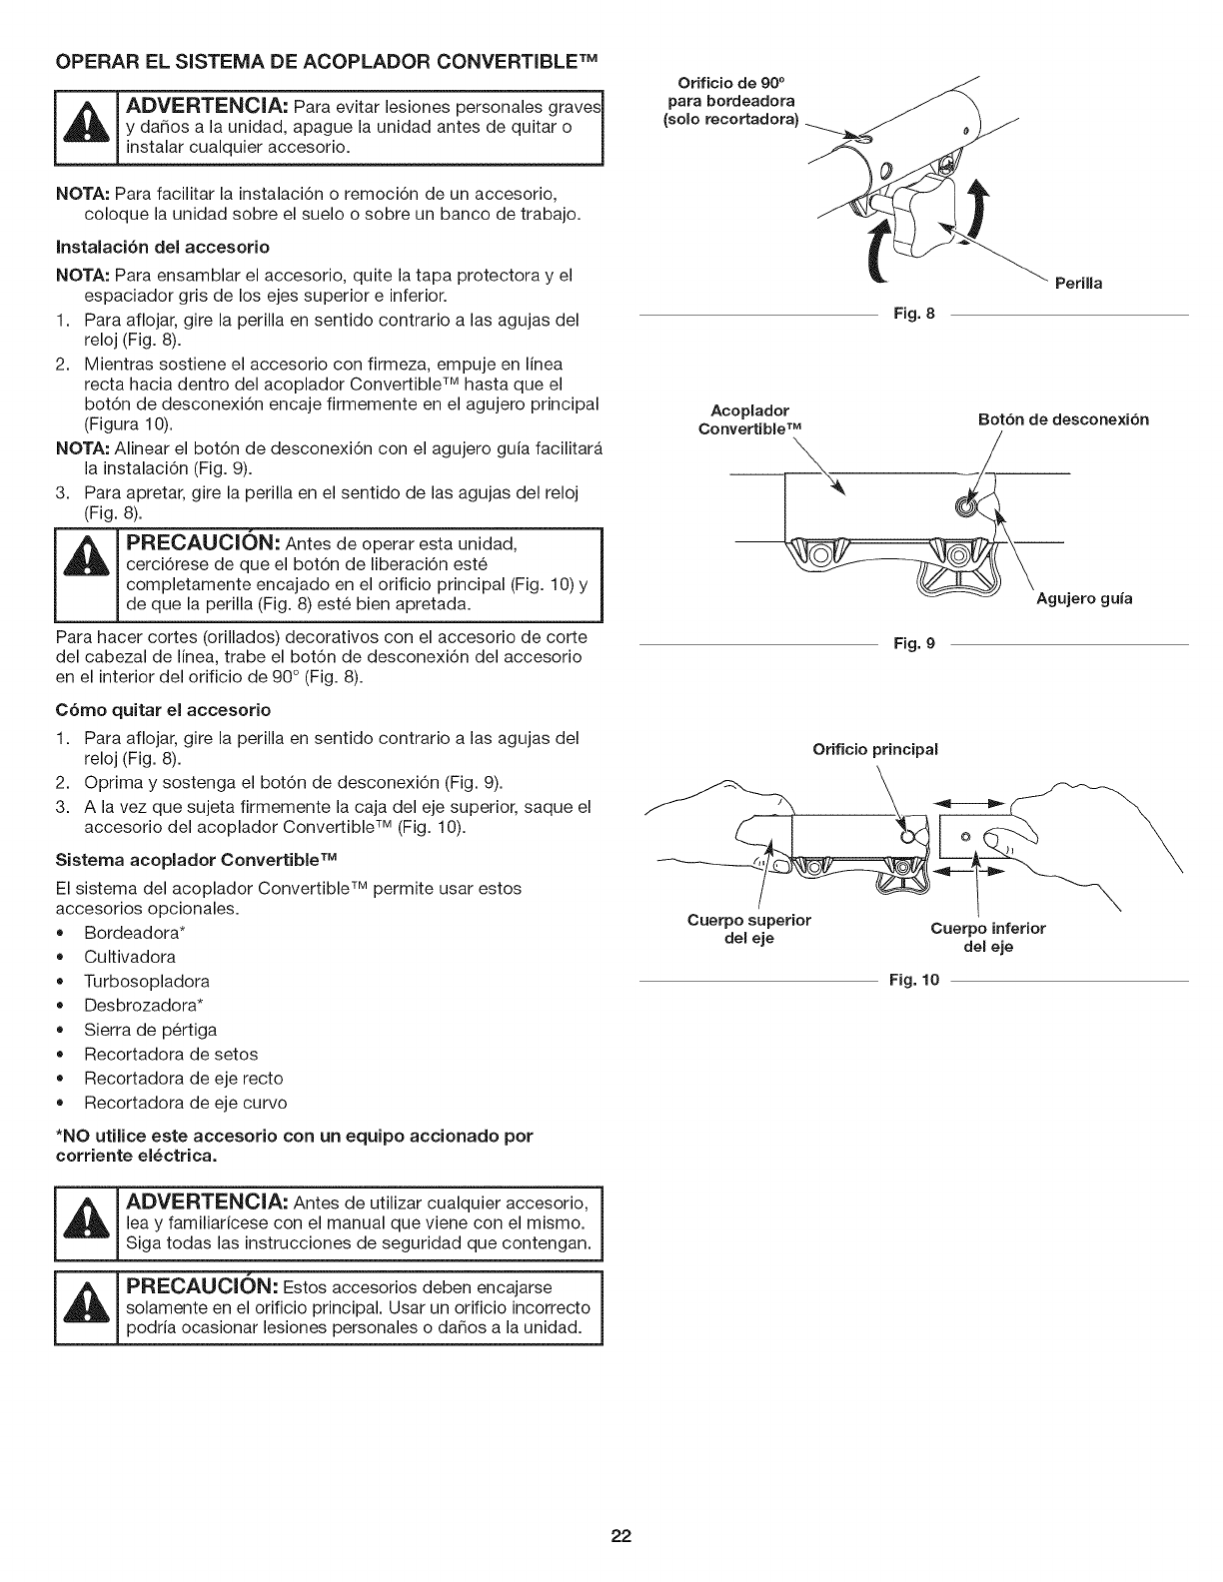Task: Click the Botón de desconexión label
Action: click(x=1063, y=419)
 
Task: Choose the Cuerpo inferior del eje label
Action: click(x=987, y=938)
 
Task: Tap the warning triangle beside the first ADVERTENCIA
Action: click(x=87, y=128)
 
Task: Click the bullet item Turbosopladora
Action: click(x=147, y=981)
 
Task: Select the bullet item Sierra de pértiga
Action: click(x=150, y=1030)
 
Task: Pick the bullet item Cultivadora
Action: click(x=130, y=957)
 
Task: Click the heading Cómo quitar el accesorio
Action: click(x=163, y=710)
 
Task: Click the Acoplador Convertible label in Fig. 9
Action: click(x=750, y=419)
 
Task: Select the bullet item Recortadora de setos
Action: click(x=171, y=1054)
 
